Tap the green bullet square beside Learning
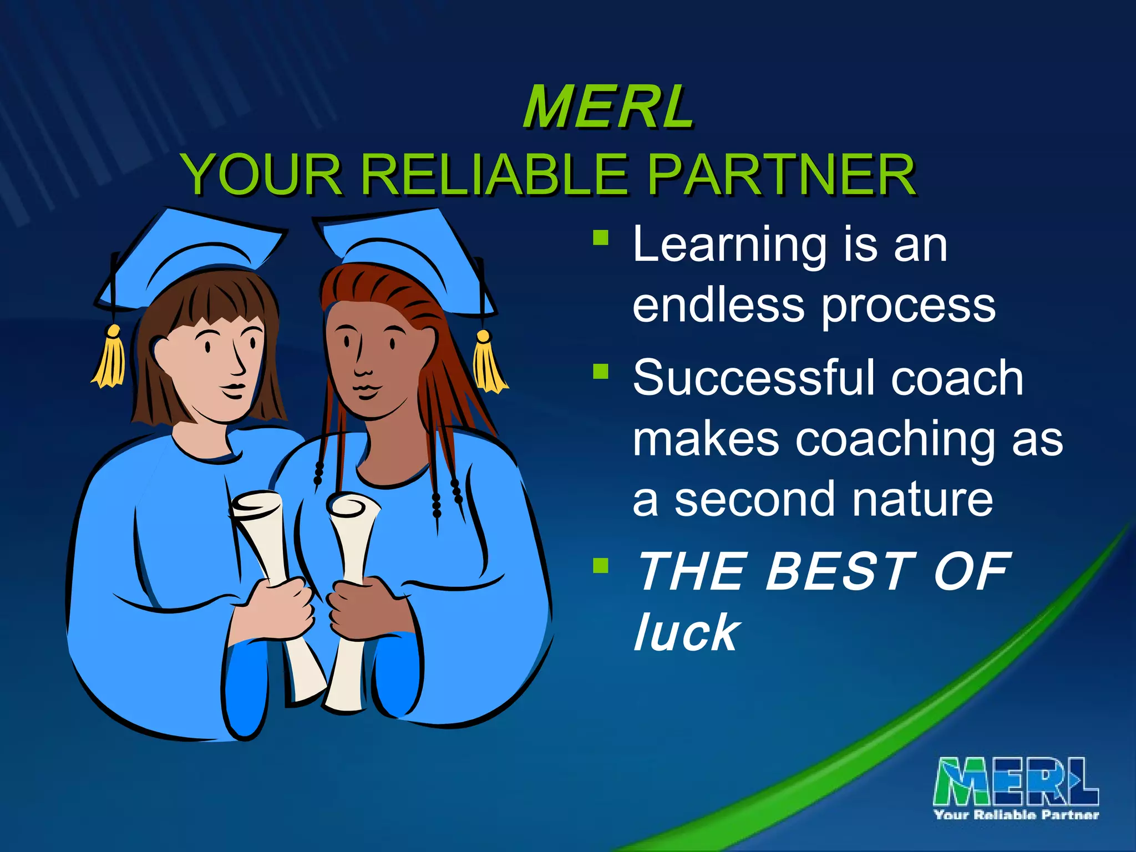tap(601, 239)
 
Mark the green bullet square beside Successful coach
tap(601, 371)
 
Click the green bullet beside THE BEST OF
tap(601, 565)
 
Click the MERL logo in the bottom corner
tap(1016, 788)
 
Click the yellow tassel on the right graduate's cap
tap(488, 366)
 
